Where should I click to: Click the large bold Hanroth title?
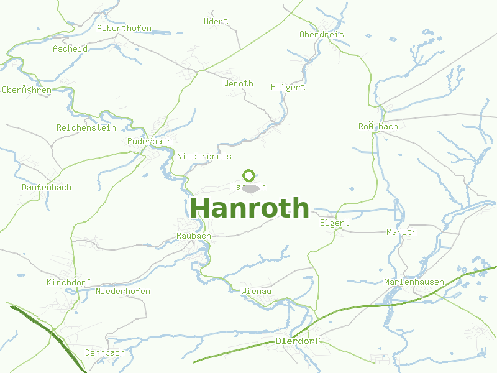(x=250, y=209)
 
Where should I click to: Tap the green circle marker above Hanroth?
(x=249, y=175)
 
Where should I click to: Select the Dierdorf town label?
(x=297, y=341)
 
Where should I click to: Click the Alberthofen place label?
(x=124, y=29)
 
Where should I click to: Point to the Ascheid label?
(x=70, y=48)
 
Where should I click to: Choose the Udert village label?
(x=216, y=21)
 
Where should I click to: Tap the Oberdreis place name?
(x=322, y=34)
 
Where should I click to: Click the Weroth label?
(x=239, y=83)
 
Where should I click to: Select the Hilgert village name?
(x=288, y=88)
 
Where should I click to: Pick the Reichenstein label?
(x=86, y=127)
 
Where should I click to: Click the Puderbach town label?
(x=150, y=142)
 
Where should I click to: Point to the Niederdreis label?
(x=204, y=156)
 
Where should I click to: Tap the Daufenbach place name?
(x=47, y=187)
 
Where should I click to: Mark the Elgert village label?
(x=335, y=223)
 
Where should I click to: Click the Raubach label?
(x=194, y=236)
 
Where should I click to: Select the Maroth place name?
(x=402, y=232)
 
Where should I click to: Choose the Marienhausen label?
(x=414, y=282)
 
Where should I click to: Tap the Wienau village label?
(x=256, y=290)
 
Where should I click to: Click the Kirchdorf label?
(x=69, y=282)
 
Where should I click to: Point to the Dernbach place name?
(x=105, y=352)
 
